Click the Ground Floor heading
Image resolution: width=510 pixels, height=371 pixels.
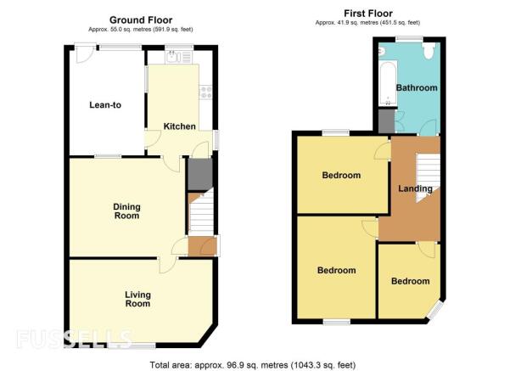pos(141,20)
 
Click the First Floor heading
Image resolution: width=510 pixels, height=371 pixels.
pos(368,14)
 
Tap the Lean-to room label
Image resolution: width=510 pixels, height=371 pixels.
pos(105,104)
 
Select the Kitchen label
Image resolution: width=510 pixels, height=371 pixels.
pos(180,126)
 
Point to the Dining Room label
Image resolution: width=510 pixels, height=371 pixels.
pos(126,211)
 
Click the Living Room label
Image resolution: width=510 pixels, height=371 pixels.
pos(138,299)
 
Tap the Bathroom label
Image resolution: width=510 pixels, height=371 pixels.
pos(417,88)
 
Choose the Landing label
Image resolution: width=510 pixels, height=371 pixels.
pos(415,188)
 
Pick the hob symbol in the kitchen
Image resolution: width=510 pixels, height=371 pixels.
pos(205,92)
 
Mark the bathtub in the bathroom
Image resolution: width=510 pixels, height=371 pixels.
pos(388,83)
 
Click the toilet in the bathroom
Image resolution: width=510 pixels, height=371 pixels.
pos(429,51)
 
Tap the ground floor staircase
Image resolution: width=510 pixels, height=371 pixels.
pos(201,213)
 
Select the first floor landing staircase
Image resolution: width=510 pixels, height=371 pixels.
pos(429,177)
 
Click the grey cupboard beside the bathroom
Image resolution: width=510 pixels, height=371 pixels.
pos(387,121)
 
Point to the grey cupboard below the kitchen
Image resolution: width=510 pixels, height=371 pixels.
pos(200,174)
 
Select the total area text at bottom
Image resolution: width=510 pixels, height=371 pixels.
pos(252,365)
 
